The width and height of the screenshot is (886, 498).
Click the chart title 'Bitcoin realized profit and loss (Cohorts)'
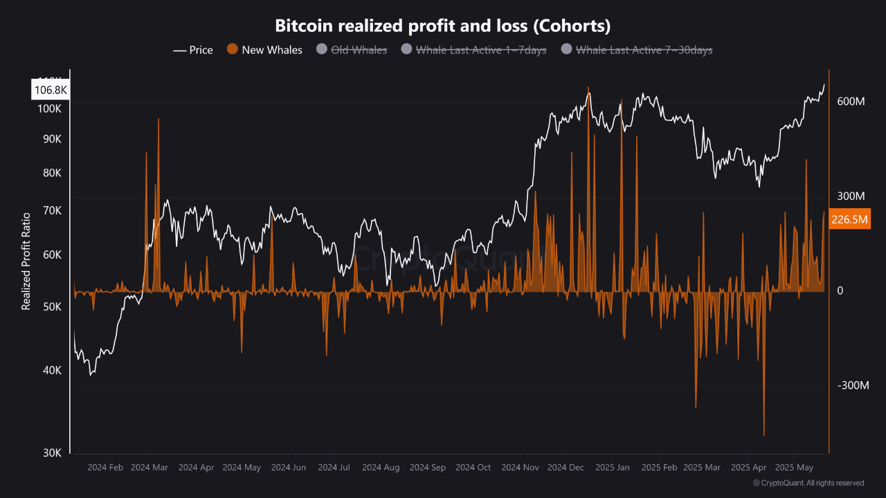(442, 26)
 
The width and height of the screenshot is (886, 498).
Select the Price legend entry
(193, 50)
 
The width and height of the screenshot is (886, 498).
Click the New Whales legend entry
(265, 50)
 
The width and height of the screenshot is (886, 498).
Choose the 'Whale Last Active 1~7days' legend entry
(473, 50)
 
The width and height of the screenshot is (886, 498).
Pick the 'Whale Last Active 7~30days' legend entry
(636, 50)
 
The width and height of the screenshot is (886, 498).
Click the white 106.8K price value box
(51, 90)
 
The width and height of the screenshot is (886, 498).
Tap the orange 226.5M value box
(849, 219)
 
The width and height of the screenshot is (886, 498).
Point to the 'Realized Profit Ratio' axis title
(26, 261)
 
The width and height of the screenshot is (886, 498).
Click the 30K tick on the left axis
(53, 453)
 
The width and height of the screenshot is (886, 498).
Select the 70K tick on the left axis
(53, 210)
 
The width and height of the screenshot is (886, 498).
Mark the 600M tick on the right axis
(851, 102)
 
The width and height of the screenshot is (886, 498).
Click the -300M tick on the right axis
(853, 385)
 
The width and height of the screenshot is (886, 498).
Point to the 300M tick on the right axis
(851, 196)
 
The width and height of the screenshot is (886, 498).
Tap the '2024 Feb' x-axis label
(105, 468)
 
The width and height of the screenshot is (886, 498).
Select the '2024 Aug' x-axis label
(380, 468)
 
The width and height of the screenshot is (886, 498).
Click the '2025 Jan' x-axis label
(612, 468)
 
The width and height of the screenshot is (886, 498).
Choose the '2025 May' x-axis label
(795, 468)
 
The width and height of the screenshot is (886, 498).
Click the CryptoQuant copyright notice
(808, 483)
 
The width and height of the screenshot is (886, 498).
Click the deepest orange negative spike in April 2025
(764, 434)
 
